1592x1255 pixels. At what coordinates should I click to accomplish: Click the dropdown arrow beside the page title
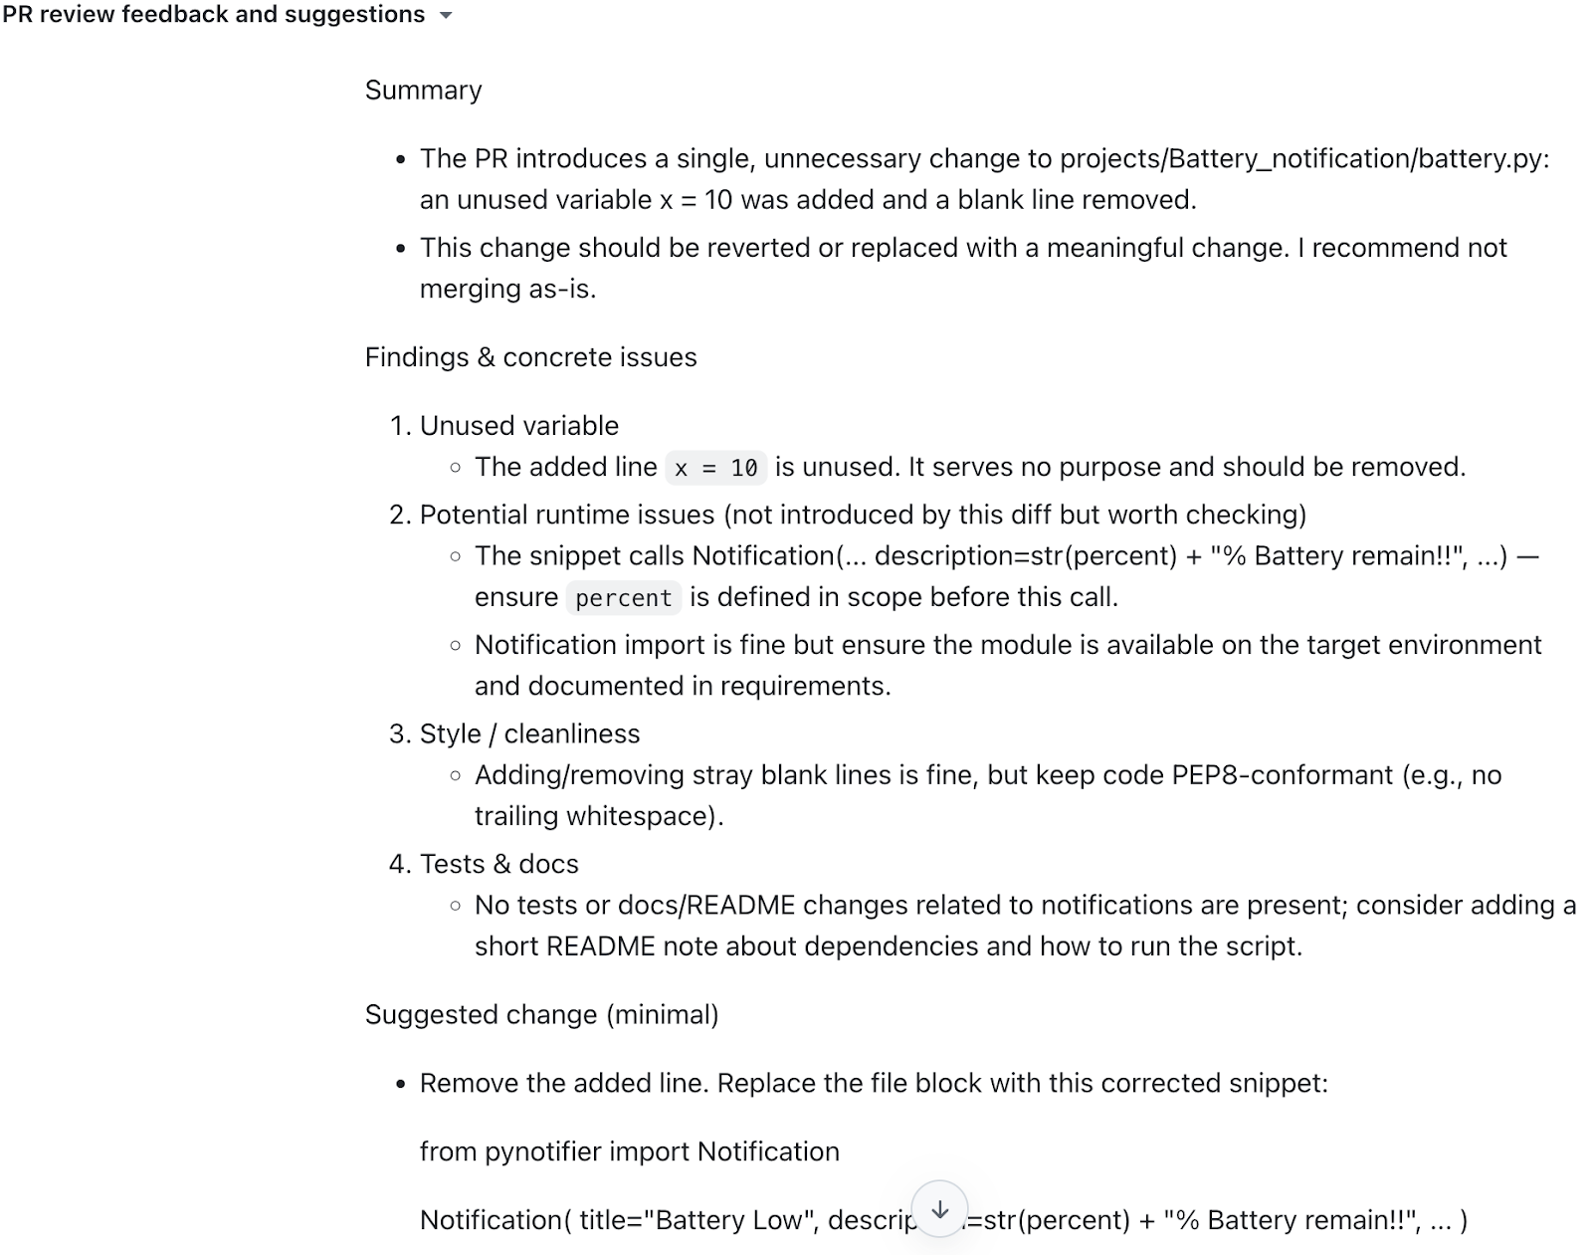click(446, 16)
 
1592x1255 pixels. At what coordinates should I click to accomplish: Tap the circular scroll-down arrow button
click(939, 1209)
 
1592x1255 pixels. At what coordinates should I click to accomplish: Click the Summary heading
click(423, 91)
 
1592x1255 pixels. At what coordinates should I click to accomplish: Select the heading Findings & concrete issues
click(530, 357)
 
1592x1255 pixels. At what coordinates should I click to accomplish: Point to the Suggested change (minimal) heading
click(541, 1015)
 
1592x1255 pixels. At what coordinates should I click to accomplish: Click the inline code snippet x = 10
click(715, 468)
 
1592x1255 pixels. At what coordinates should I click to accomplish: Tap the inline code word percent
click(623, 598)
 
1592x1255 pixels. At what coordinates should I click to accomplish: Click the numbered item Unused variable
click(518, 426)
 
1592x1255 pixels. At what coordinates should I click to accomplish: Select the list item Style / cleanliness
click(529, 734)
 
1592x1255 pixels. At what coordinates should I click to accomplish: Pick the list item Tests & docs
click(498, 864)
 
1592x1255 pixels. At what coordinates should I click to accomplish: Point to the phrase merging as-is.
click(507, 290)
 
